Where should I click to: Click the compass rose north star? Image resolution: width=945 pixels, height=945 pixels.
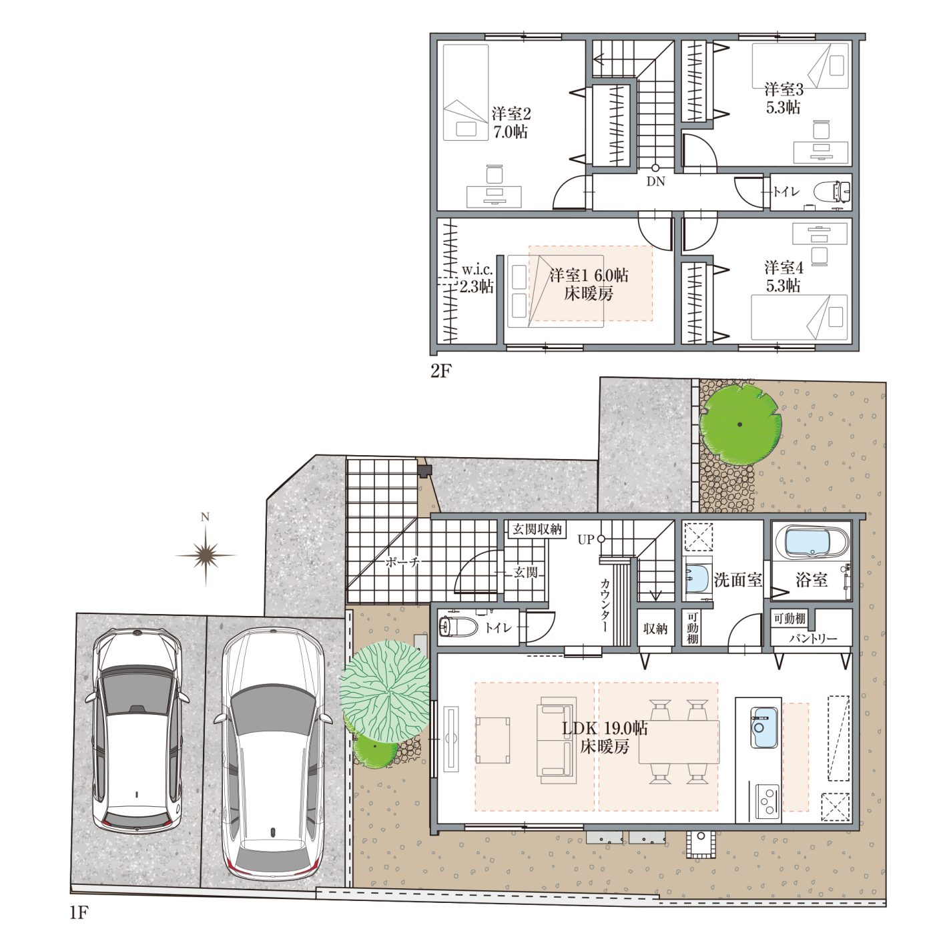tap(206, 555)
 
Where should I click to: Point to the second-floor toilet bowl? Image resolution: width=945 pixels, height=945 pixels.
tap(832, 192)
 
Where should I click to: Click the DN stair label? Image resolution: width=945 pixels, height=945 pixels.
tap(655, 182)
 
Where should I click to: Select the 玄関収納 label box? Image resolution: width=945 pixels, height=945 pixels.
tap(537, 529)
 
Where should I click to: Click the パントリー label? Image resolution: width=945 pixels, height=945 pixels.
tap(813, 638)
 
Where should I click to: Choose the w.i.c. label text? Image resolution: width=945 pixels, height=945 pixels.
tap(477, 270)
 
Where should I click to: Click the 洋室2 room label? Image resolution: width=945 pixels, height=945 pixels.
tap(511, 114)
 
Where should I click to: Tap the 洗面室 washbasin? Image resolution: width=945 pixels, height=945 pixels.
tap(697, 578)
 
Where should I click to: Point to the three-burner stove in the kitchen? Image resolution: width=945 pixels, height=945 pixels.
tap(767, 802)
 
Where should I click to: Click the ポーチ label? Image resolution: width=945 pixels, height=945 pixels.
tap(402, 562)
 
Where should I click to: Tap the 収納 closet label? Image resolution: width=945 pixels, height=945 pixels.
tap(655, 628)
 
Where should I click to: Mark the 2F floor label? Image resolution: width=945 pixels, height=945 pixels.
tap(440, 371)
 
